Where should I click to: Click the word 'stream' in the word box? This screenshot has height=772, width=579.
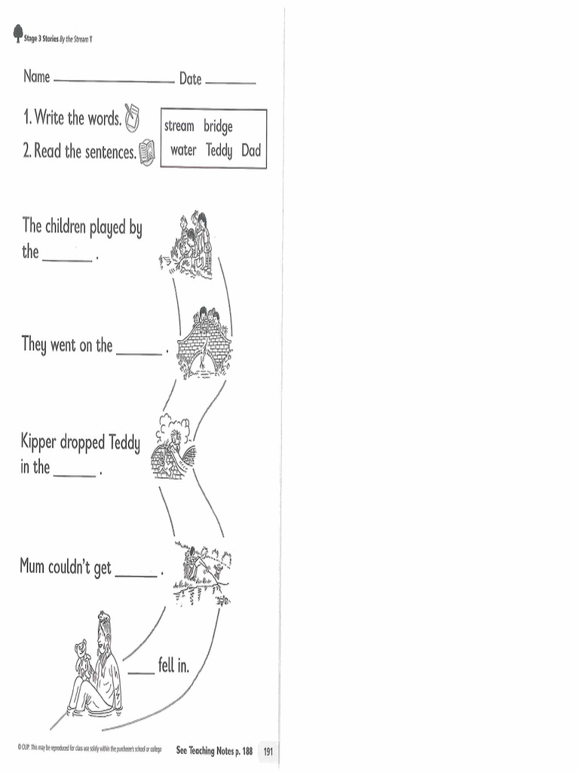point(179,126)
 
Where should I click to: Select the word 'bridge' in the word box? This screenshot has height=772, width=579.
point(219,127)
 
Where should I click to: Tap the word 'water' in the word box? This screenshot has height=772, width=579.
point(183,150)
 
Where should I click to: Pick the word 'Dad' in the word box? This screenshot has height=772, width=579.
point(251,150)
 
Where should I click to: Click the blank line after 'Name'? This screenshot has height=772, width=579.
point(114,81)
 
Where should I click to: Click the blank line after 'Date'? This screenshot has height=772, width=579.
point(230,82)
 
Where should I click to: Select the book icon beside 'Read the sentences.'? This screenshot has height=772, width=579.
point(147,151)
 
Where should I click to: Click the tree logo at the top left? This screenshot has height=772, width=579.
point(18,35)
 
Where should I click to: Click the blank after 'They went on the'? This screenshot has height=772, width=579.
point(139,353)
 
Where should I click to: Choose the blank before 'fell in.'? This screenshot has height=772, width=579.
point(140,672)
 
